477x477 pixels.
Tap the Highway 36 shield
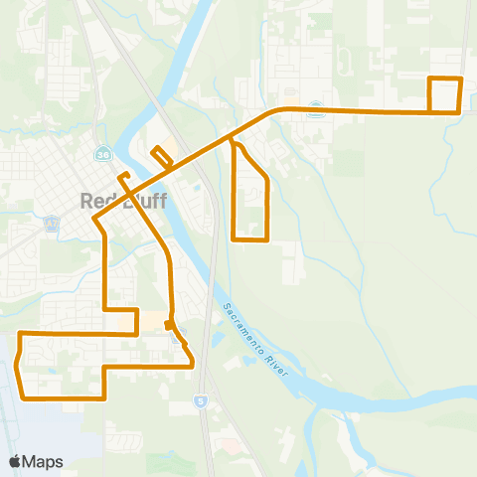(x=102, y=155)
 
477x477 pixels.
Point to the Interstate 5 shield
(x=199, y=402)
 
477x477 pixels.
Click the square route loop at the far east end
(x=445, y=94)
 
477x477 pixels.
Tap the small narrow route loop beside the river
(x=159, y=157)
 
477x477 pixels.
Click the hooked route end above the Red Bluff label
(x=122, y=176)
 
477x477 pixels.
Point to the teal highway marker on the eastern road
(x=315, y=108)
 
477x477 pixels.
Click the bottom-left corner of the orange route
(x=23, y=397)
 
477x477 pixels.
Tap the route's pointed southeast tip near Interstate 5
(x=191, y=366)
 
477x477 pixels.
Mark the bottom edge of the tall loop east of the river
(x=250, y=239)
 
